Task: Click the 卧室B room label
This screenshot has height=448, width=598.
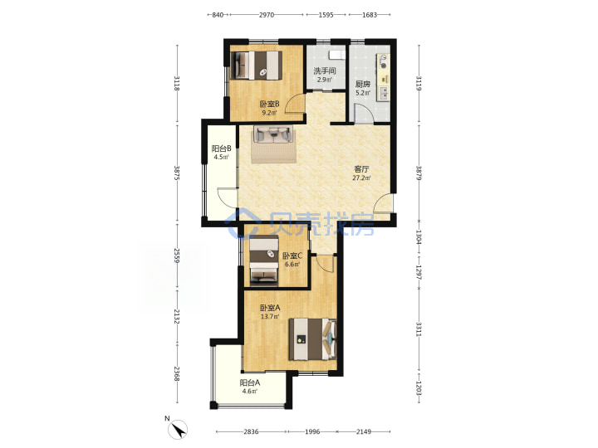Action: (269, 104)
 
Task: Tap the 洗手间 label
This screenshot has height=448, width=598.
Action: (325, 71)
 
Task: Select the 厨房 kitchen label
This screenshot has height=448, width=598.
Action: (363, 84)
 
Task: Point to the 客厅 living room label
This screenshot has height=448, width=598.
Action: (361, 168)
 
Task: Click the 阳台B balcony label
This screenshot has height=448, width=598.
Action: (221, 149)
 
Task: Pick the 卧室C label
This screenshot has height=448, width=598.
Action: (292, 256)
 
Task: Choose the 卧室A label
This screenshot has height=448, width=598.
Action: (270, 308)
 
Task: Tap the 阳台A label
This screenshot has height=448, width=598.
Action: (250, 382)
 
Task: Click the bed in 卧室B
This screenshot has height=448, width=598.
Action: (257, 66)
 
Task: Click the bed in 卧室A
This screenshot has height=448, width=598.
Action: (313, 339)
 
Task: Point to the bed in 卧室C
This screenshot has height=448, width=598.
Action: (264, 261)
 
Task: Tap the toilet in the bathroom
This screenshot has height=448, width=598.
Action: (336, 55)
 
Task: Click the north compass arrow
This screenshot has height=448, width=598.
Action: (178, 430)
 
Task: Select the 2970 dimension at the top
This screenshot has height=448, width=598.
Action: (267, 15)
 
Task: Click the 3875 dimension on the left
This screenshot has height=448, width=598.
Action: (177, 173)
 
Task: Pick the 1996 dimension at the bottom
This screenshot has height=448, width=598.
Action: (312, 431)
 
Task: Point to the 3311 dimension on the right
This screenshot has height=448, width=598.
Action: (419, 329)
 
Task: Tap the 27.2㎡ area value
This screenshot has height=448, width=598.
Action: (361, 178)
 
